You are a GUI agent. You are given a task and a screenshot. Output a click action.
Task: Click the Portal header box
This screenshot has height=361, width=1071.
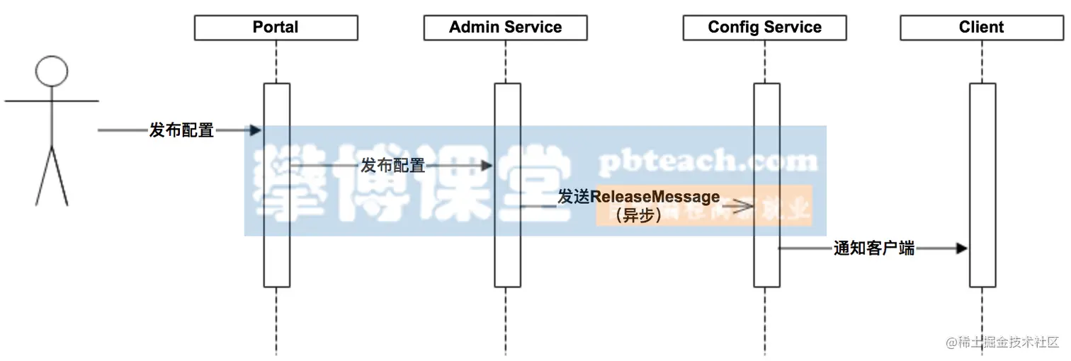[x=276, y=28]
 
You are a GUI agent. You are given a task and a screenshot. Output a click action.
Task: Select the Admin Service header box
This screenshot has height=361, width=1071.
[x=505, y=28]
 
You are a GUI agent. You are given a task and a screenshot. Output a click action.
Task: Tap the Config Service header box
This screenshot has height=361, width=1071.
[x=764, y=28]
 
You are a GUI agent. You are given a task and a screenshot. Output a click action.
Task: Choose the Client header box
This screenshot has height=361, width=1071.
[x=981, y=28]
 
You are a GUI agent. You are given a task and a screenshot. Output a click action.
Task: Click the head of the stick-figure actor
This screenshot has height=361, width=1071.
[x=52, y=71]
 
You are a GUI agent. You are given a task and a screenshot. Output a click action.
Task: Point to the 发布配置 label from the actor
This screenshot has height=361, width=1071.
[x=181, y=130]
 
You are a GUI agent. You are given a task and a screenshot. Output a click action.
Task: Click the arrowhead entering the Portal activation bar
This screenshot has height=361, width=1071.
[x=255, y=130]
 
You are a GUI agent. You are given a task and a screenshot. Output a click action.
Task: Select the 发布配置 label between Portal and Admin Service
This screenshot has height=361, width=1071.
[x=393, y=166]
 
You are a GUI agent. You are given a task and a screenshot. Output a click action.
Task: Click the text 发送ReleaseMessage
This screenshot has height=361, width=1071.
[x=638, y=197]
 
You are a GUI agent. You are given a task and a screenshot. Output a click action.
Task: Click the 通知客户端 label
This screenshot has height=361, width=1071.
[x=873, y=248]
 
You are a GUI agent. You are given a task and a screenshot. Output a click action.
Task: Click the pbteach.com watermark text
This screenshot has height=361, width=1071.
[x=708, y=162]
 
